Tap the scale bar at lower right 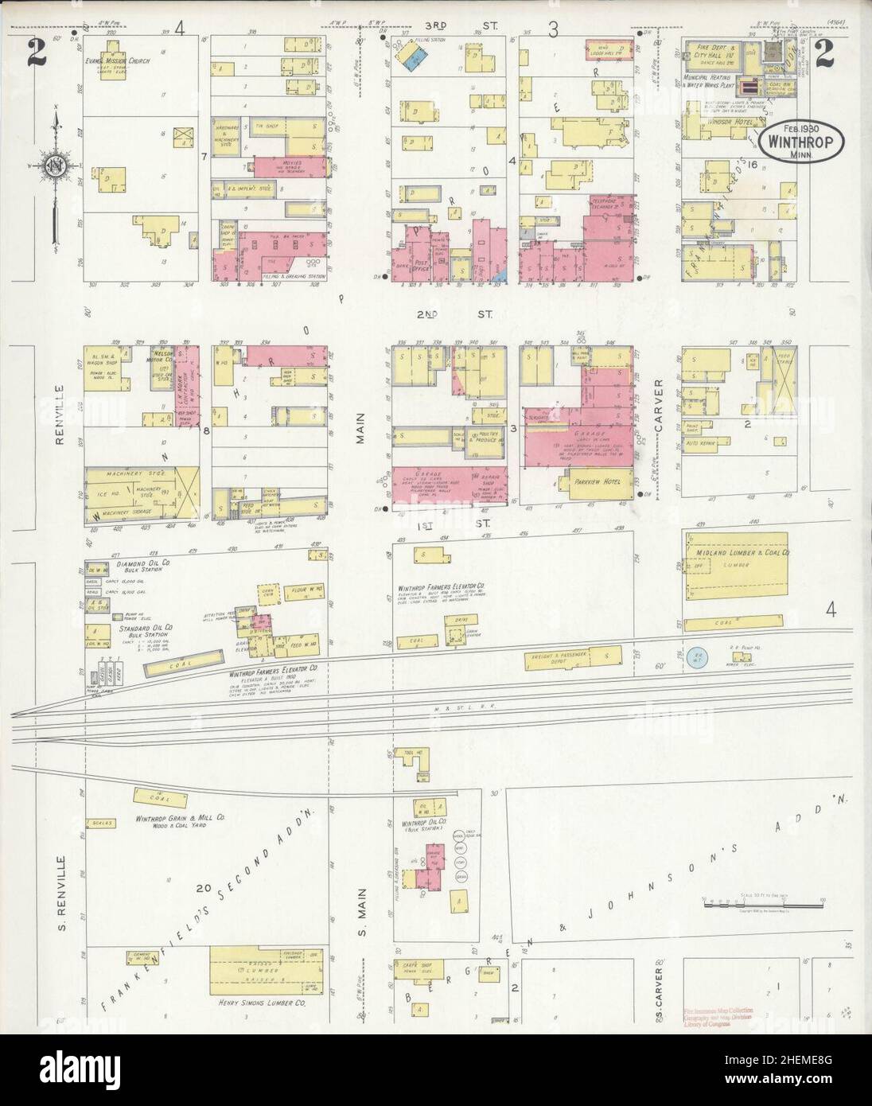pyautogui.click(x=763, y=902)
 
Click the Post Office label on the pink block pyautogui.click(x=421, y=269)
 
